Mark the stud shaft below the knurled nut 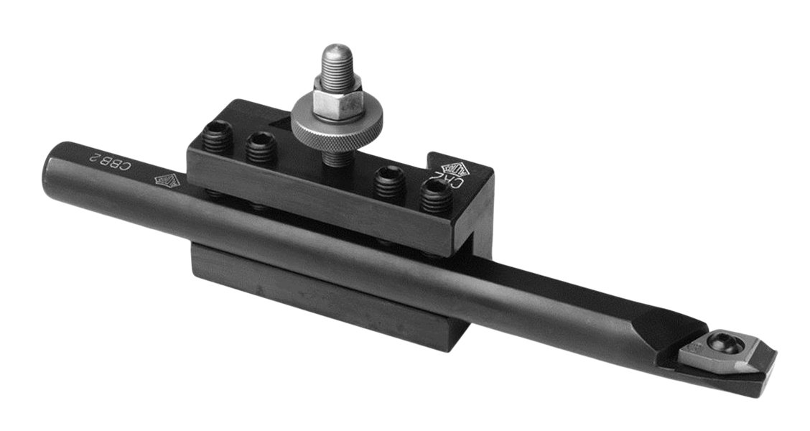[x=334, y=154]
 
